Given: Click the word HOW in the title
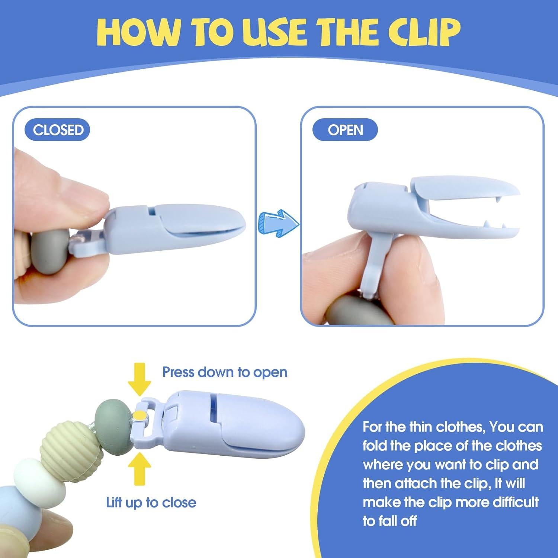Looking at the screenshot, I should click(137, 32).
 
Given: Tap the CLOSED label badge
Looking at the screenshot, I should click(57, 130).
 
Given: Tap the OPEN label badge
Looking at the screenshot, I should click(345, 130).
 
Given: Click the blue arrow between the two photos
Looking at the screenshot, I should click(279, 223).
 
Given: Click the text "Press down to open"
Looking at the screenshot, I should click(225, 372).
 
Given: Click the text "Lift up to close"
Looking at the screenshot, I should click(151, 502).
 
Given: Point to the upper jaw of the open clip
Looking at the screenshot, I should click(465, 190).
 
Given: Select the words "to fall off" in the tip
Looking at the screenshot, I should click(389, 521).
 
